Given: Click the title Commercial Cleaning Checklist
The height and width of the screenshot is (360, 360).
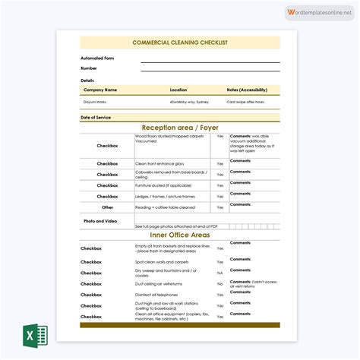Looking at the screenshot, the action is coord(179,43).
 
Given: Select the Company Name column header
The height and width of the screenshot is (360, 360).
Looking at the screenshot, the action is coord(100,90).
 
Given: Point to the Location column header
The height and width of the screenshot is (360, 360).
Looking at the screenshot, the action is coord(178,90).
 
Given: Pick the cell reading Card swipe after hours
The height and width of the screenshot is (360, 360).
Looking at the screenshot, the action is coord(245,101).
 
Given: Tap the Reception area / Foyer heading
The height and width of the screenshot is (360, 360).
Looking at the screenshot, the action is coord(179,128).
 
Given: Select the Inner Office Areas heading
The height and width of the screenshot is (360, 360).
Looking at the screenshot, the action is coord(179,235).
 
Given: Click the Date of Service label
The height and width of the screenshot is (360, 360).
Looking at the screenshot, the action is coord(96,117).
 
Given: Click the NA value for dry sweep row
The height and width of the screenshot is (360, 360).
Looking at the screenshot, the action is coord(219,272).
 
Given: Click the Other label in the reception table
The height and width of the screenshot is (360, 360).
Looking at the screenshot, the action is coord(107,207).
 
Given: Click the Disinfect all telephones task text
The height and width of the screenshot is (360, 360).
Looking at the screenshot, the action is coord(157,294).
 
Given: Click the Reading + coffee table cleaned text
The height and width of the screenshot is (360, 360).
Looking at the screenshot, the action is coord(165,207).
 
